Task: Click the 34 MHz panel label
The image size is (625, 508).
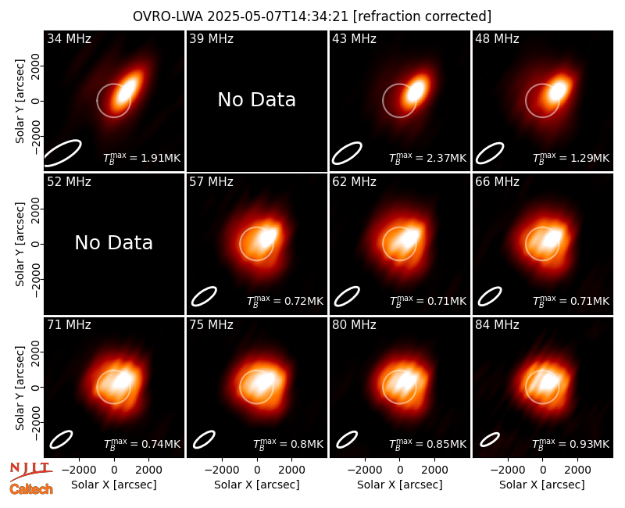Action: pyautogui.click(x=69, y=38)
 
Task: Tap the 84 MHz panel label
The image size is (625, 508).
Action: pyautogui.click(x=497, y=325)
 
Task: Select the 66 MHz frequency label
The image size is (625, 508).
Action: pyautogui.click(x=497, y=182)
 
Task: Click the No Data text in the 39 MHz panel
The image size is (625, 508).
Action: pyautogui.click(x=257, y=100)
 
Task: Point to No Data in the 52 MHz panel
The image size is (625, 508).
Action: pyautogui.click(x=114, y=243)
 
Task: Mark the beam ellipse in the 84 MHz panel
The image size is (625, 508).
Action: pyautogui.click(x=490, y=439)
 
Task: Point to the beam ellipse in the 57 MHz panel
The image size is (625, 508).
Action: pyautogui.click(x=204, y=296)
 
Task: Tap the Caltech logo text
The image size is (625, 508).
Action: pyautogui.click(x=31, y=489)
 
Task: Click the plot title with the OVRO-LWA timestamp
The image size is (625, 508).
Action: pyautogui.click(x=312, y=16)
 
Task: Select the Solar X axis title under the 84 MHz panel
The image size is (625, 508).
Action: pyautogui.click(x=542, y=485)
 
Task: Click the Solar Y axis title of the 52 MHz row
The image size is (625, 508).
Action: pyautogui.click(x=20, y=244)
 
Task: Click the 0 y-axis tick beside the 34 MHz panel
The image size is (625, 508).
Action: pyautogui.click(x=36, y=101)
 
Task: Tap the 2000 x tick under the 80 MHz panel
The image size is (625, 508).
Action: pyautogui.click(x=434, y=470)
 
